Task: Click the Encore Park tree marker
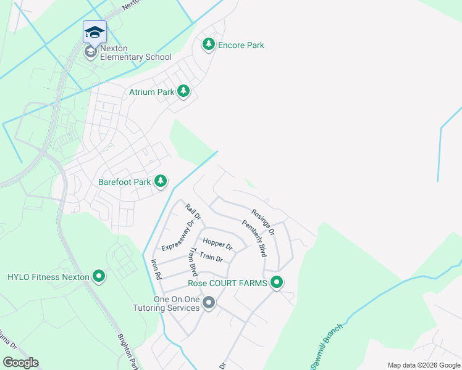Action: (209, 44)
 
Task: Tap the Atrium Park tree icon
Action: (183, 92)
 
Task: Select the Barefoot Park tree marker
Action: (161, 181)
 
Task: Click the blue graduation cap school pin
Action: (94, 32)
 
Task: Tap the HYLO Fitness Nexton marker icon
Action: (98, 277)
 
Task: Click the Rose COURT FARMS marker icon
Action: (277, 283)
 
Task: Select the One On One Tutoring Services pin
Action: (209, 303)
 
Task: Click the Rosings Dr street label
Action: (263, 220)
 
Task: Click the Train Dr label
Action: (211, 257)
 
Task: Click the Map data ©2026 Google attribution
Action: (423, 365)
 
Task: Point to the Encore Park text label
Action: (241, 45)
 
